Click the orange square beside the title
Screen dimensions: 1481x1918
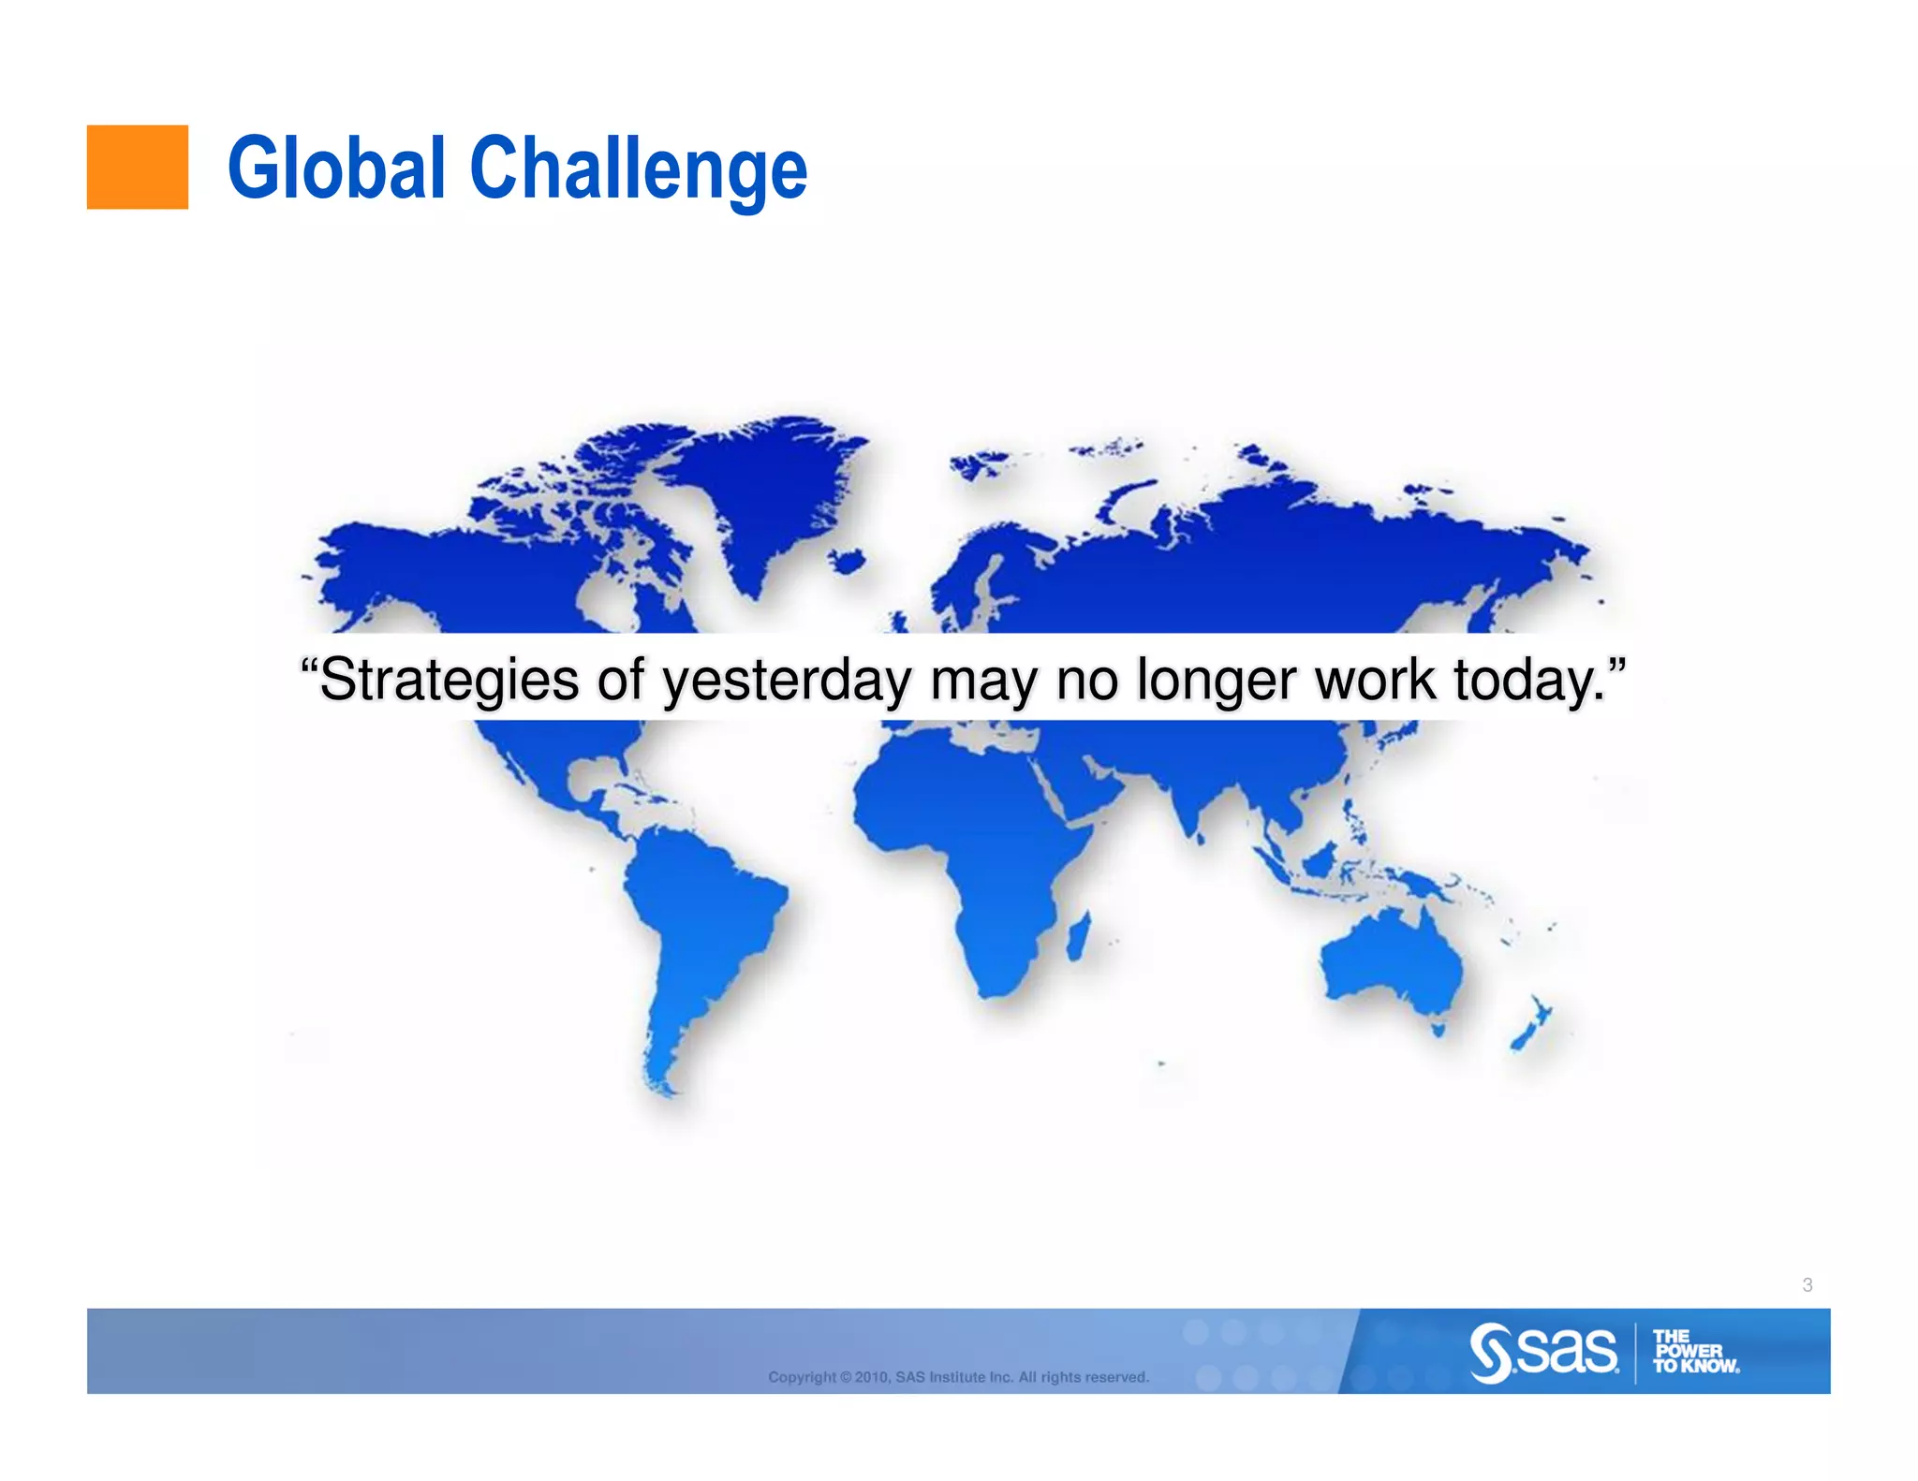(137, 167)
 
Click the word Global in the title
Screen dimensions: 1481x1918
(335, 169)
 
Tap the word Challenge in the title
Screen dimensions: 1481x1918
(637, 169)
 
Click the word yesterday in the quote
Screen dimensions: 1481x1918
(786, 680)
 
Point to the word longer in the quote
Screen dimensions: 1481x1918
(1217, 680)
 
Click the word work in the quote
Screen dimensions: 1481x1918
(1375, 680)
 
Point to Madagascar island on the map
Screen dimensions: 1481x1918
(1078, 936)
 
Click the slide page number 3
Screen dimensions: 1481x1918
(1807, 1285)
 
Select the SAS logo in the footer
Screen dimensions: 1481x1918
(1543, 1352)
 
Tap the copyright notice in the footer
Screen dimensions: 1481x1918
(957, 1377)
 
